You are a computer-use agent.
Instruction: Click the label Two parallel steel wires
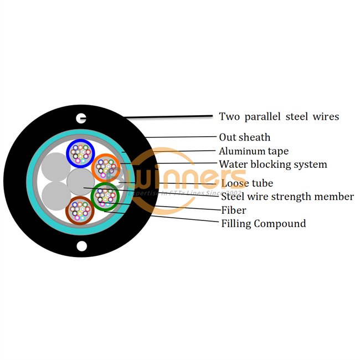279,116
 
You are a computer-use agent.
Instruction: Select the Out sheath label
244,137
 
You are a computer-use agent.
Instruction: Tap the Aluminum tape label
253,151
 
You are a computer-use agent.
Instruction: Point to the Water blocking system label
272,164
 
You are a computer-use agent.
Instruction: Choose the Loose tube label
246,183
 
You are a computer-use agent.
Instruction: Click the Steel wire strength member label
287,196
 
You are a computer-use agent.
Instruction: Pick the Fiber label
233,210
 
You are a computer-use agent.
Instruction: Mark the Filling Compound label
263,223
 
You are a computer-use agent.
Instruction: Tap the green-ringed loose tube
104,197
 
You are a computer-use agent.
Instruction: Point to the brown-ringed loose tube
79,211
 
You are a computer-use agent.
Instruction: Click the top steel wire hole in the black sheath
81,117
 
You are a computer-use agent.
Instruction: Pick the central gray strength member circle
81,182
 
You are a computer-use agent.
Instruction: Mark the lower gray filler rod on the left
55,196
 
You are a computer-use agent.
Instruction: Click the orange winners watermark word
188,178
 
